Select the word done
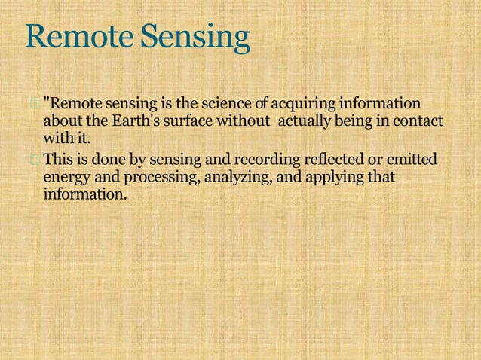tap(104, 160)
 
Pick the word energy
tap(66, 178)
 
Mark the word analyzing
tap(225, 178)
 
